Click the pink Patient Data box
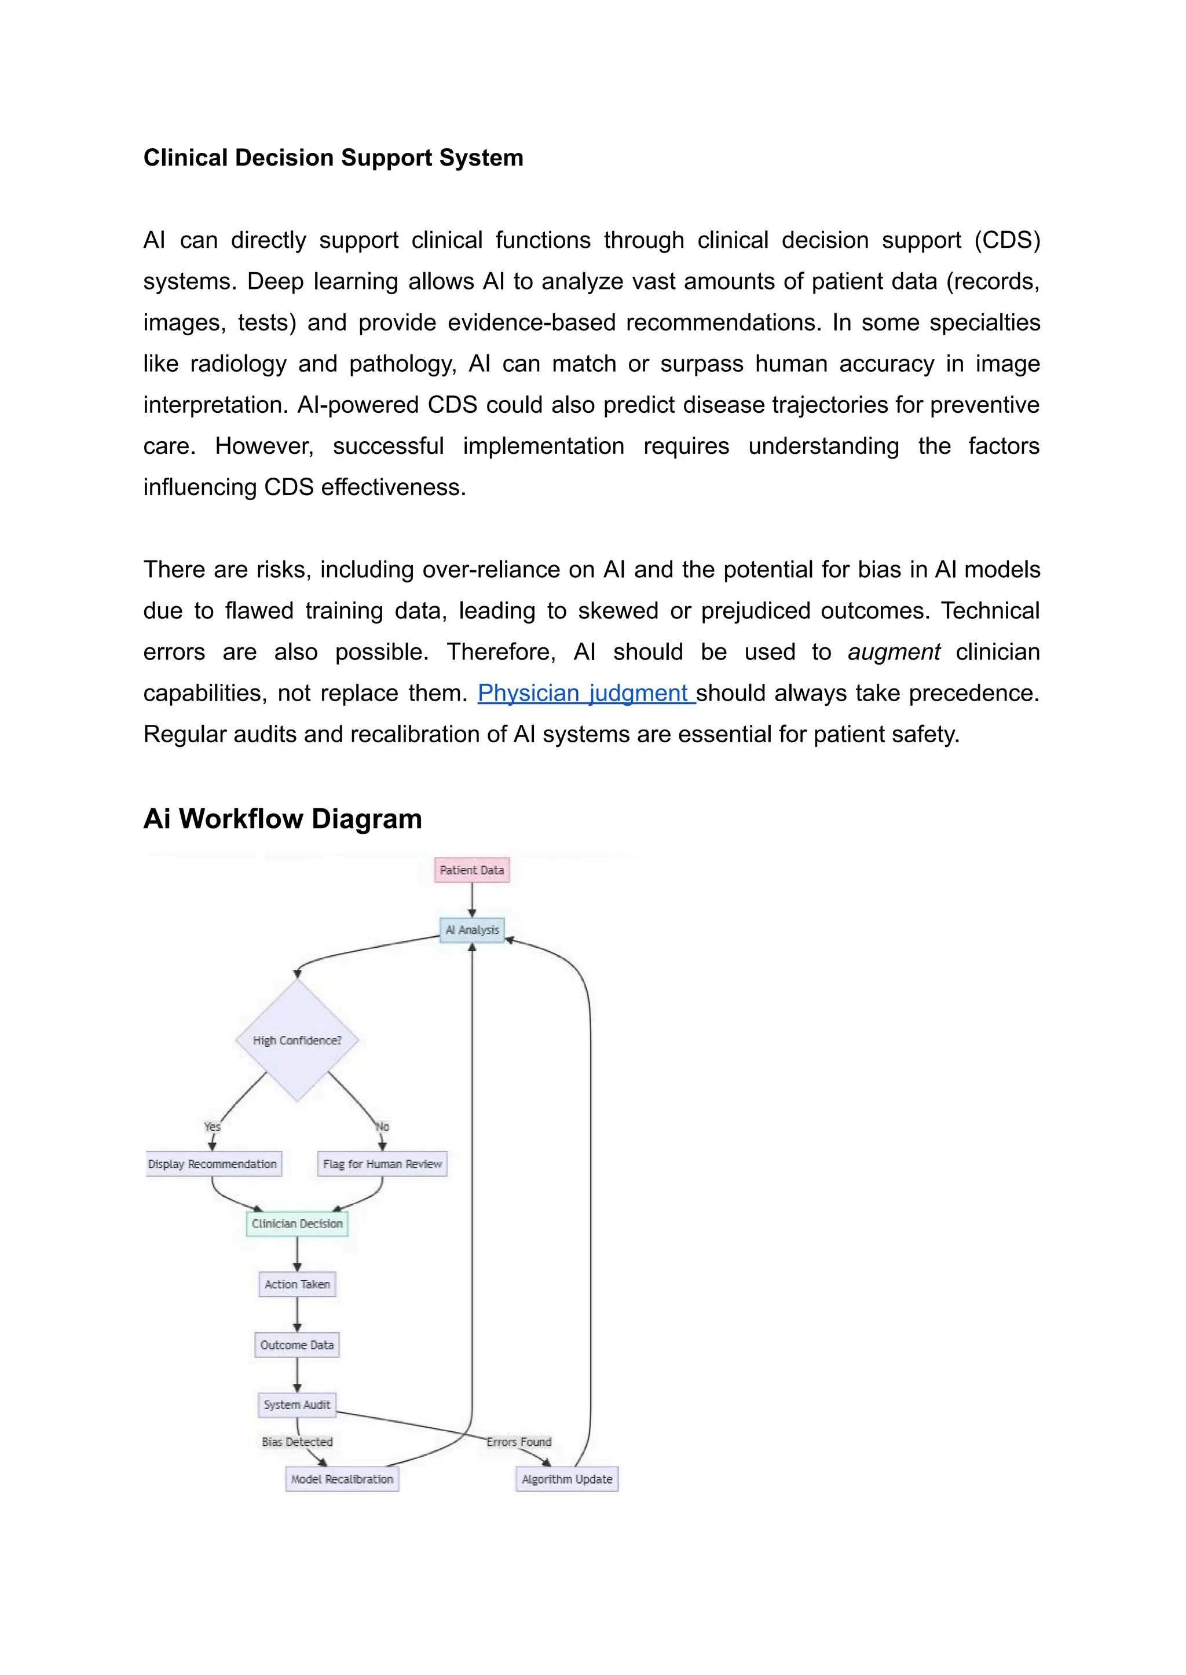pyautogui.click(x=472, y=870)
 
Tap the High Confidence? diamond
pyautogui.click(x=296, y=1040)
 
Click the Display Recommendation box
pyautogui.click(x=213, y=1164)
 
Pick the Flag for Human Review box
pyautogui.click(x=382, y=1164)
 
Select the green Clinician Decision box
pyautogui.click(x=296, y=1224)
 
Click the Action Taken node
pyautogui.click(x=296, y=1284)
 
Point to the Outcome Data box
pyautogui.click(x=296, y=1345)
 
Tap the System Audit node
pyautogui.click(x=296, y=1405)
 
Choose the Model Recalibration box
pyautogui.click(x=342, y=1479)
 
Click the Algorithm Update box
pyautogui.click(x=567, y=1479)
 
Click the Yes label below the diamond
pyautogui.click(x=212, y=1127)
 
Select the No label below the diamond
pyautogui.click(x=382, y=1127)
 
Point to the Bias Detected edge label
pyautogui.click(x=297, y=1442)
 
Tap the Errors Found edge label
pyautogui.click(x=518, y=1442)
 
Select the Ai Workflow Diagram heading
pyautogui.click(x=283, y=819)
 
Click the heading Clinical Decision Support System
pyautogui.click(x=333, y=157)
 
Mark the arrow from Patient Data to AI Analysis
pyautogui.click(x=472, y=900)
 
